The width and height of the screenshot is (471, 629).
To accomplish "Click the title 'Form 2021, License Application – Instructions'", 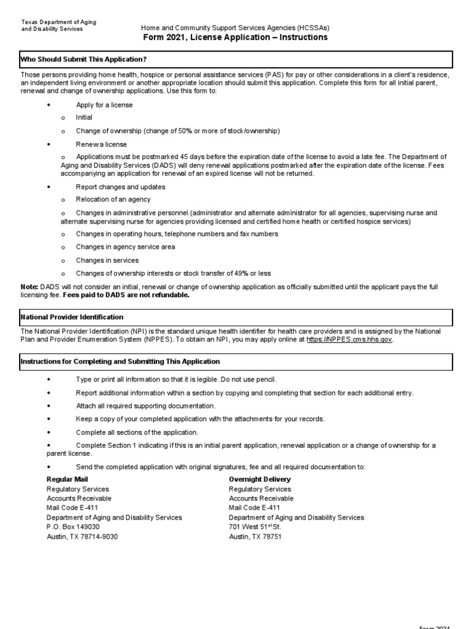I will (x=235, y=37).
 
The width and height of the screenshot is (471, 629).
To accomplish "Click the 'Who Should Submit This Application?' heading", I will (x=83, y=60).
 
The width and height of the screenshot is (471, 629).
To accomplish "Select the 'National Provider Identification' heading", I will (x=72, y=317).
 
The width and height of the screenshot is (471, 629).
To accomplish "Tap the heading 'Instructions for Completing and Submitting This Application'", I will (x=120, y=362).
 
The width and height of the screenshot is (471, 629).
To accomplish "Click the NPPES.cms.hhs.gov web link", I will (x=350, y=339).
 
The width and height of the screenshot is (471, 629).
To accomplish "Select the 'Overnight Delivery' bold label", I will (x=259, y=479).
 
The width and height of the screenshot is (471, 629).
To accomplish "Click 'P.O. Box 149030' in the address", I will (x=73, y=527).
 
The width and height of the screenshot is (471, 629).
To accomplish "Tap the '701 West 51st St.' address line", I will (x=256, y=527).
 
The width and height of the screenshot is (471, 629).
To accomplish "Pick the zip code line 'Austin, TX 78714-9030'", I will (x=82, y=537).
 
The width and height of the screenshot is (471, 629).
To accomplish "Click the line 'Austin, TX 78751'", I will (x=255, y=537).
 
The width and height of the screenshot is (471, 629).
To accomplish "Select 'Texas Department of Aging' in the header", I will (x=59, y=22).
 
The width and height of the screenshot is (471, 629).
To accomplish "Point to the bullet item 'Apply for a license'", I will (x=104, y=105).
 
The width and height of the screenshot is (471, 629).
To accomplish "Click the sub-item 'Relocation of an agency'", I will (x=113, y=200).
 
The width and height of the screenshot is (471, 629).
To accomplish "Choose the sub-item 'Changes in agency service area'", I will (x=125, y=247).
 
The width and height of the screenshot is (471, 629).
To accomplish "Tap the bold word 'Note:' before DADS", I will (x=29, y=287).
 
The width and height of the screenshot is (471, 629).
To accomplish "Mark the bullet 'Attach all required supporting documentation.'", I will (x=145, y=406).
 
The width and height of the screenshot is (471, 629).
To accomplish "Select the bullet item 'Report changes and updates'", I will (x=120, y=187).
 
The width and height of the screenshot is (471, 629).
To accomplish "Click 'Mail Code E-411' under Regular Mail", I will (x=72, y=508).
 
